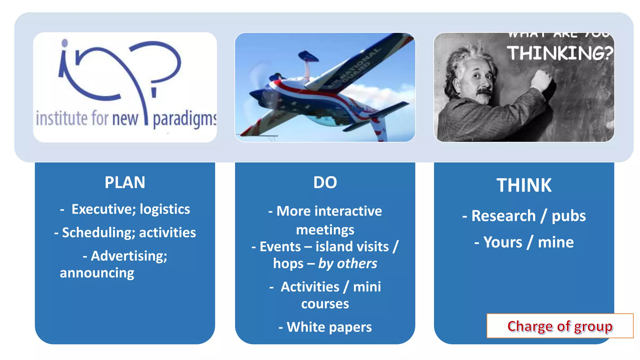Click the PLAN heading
(125, 182)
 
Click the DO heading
(325, 182)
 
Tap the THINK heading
(524, 185)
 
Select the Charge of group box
(560, 326)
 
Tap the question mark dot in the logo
(154, 92)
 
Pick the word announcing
(97, 273)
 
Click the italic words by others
(347, 263)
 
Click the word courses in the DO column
(325, 304)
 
